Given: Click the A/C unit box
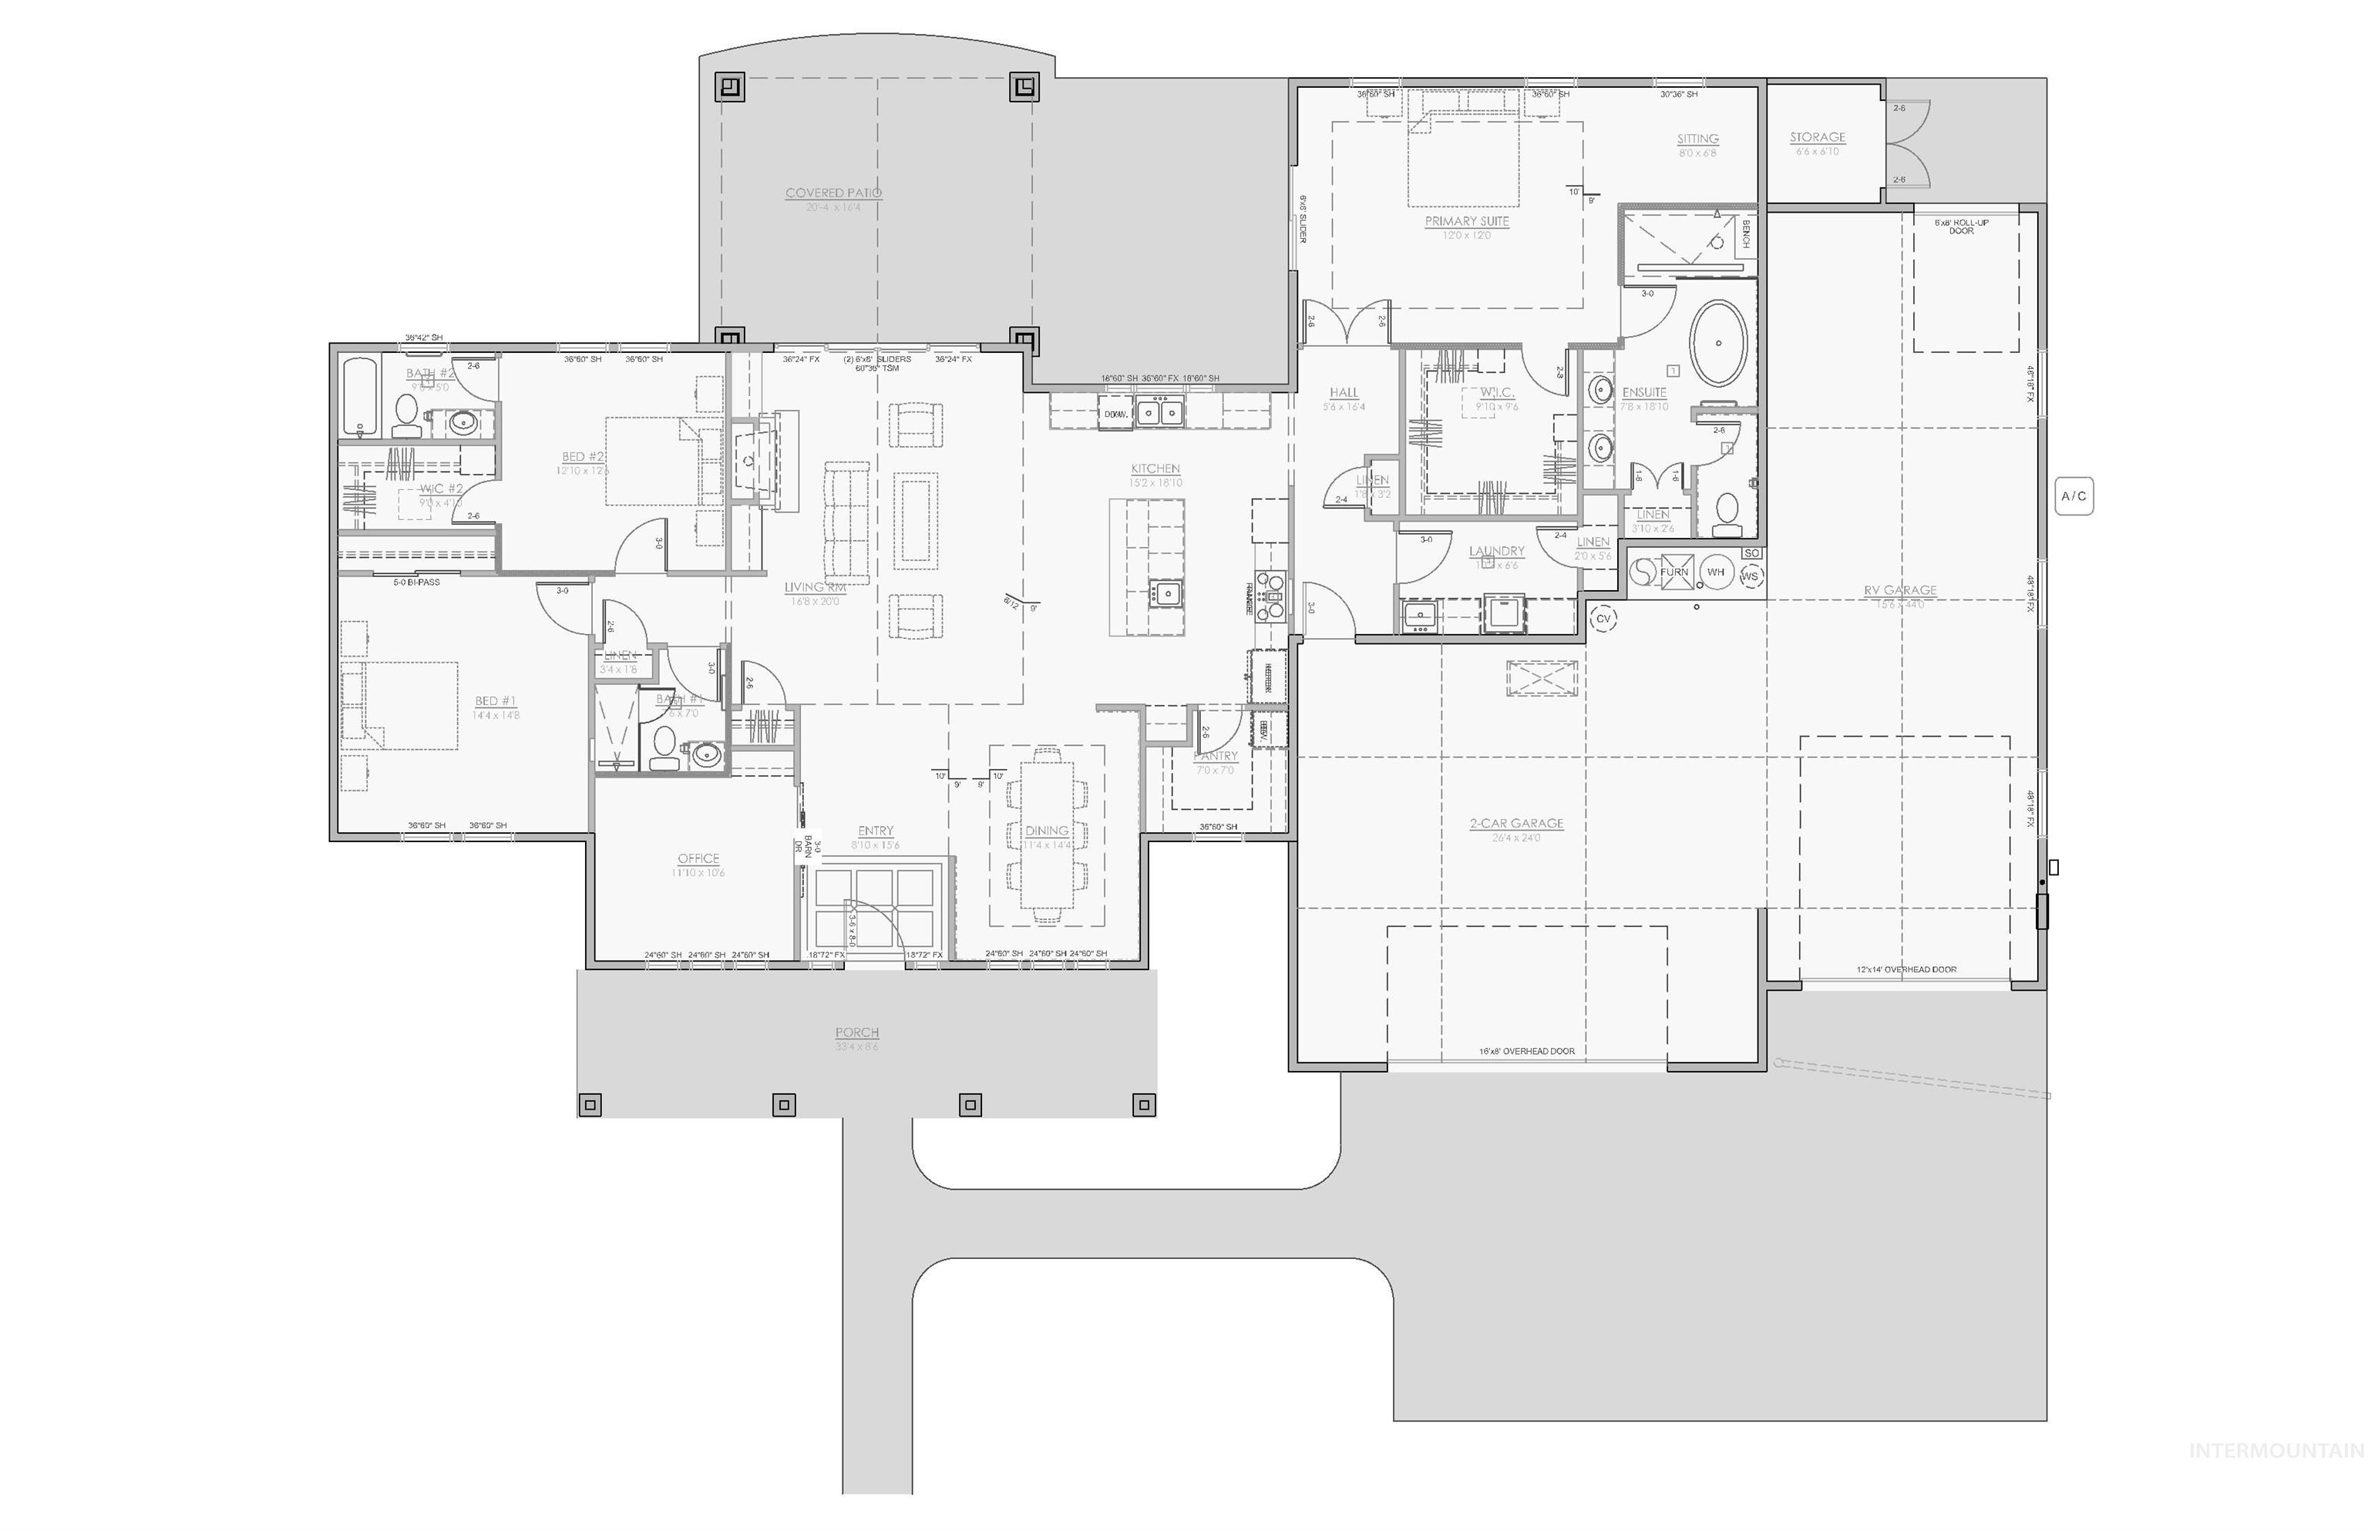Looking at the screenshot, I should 2073,496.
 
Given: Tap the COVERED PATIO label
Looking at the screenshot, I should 833,193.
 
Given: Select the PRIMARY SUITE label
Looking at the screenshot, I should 1466,222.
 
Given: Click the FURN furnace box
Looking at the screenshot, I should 1673,572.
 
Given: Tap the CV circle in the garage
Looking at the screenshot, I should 1603,619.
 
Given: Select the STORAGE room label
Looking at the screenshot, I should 1817,137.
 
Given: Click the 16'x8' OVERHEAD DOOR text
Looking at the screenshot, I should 1526,1051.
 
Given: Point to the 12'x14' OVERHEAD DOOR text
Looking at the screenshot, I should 1905,969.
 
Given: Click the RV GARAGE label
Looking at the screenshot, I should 1899,590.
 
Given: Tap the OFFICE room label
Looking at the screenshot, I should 698,859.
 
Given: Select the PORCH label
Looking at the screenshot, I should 856,1033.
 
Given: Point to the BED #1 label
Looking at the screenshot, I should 496,702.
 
